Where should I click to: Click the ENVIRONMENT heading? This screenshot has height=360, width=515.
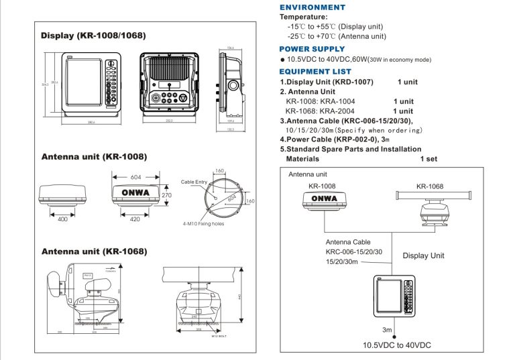(312, 7)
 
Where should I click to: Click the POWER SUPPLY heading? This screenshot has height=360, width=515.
(312, 49)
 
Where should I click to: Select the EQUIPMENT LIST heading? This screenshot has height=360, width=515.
(314, 71)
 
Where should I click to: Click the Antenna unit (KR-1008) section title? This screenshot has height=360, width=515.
(94, 158)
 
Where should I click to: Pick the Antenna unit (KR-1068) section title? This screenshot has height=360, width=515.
(94, 251)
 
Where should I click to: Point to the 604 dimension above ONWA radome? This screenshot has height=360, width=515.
(135, 177)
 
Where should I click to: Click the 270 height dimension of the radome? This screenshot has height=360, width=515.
(167, 195)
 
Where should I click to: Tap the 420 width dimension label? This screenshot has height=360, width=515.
(135, 219)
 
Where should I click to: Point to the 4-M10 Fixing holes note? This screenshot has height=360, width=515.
(202, 224)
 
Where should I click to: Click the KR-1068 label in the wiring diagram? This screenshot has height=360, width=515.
(429, 186)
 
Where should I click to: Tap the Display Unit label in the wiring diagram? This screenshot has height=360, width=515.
(423, 255)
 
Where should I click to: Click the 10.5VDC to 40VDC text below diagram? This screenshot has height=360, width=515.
(397, 345)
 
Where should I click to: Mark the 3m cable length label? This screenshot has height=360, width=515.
(387, 330)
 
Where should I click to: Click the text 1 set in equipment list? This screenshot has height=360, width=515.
(428, 159)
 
